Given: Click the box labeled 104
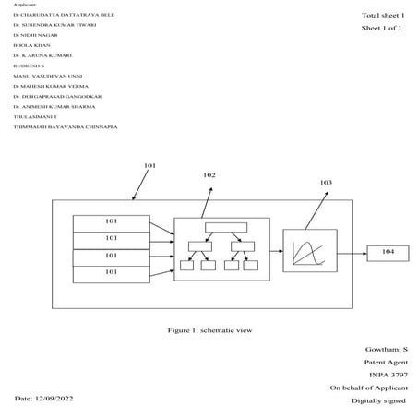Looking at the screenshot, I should click(388, 251).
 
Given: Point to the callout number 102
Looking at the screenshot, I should click(209, 174).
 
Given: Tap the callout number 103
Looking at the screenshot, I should click(326, 183).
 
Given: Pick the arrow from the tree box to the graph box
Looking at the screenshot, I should click(276, 251).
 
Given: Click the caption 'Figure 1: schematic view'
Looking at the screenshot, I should click(209, 329).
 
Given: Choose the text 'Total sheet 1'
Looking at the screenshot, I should click(383, 16).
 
